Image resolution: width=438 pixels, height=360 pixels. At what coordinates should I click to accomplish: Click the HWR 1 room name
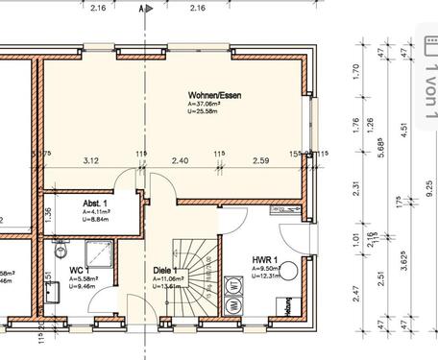click(x=264, y=260)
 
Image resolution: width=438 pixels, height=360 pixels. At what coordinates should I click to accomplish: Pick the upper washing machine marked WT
click(x=233, y=286)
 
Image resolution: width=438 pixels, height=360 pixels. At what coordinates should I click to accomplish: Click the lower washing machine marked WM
click(x=233, y=306)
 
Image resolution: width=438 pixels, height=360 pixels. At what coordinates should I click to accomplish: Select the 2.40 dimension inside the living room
click(x=181, y=160)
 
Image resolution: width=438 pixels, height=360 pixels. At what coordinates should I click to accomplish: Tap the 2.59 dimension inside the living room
click(x=261, y=160)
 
